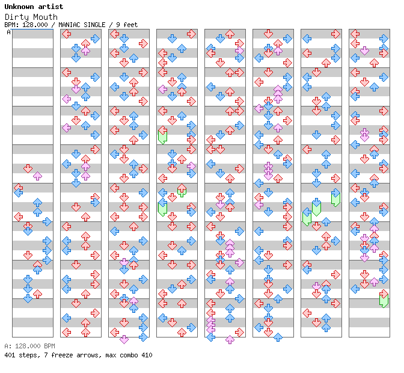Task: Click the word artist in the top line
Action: tap(49, 7)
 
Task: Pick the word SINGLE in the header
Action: tap(97, 25)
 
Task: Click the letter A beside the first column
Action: tap(9, 32)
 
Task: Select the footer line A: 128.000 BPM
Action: tap(29, 347)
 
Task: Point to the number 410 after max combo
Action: tap(146, 355)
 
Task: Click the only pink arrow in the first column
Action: tap(37, 176)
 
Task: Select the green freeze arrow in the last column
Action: tap(384, 299)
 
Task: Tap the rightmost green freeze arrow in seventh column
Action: tap(335, 198)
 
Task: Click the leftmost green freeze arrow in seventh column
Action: tap(307, 217)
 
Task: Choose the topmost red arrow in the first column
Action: tap(28, 168)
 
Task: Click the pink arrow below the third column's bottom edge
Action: tap(124, 339)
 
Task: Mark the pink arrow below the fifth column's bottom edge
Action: tap(230, 339)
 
